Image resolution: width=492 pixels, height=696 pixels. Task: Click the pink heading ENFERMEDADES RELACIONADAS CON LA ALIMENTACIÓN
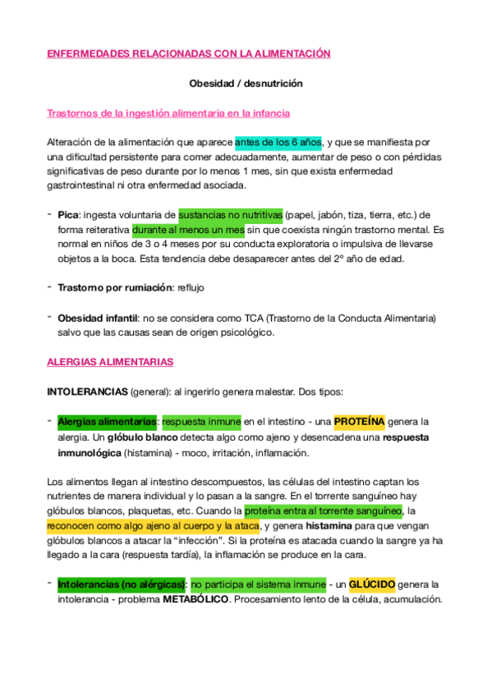[188, 54]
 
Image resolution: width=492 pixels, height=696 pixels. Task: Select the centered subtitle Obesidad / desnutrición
[246, 84]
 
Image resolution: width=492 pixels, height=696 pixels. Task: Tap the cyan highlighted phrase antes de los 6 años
[278, 141]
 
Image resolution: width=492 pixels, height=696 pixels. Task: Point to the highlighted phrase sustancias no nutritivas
[230, 214]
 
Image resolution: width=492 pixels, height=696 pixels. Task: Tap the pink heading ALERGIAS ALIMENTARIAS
[109, 361]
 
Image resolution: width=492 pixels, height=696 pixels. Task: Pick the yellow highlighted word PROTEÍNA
[359, 422]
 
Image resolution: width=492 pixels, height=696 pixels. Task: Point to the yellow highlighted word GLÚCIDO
[371, 584]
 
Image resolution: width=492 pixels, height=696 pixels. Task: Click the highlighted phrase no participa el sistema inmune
[257, 584]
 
